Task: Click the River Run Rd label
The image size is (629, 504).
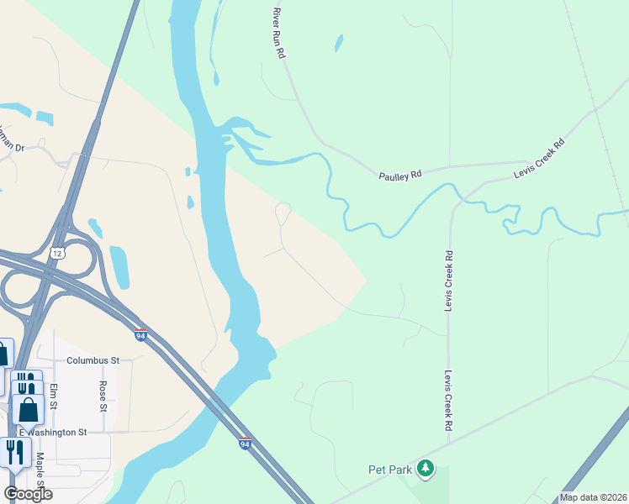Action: [279, 34]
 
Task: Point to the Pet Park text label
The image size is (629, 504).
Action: [388, 470]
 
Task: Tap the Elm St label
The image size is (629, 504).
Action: [54, 396]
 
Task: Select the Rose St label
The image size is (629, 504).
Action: [103, 396]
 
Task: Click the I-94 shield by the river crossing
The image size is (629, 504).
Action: [245, 444]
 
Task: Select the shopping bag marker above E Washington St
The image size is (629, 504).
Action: [28, 409]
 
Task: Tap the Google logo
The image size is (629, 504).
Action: [27, 494]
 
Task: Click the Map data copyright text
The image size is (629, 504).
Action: [593, 497]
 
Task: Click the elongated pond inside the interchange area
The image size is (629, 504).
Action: [119, 266]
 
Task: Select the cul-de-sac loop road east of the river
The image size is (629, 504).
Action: [283, 212]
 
